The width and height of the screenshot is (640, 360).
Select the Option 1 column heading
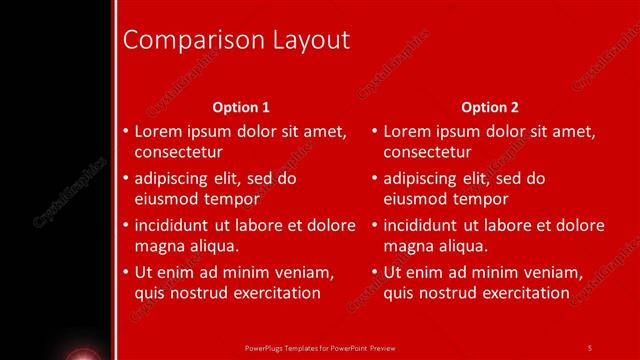point(242,107)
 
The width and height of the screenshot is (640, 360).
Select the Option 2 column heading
point(490,107)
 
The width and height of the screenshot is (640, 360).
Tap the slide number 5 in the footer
point(589,348)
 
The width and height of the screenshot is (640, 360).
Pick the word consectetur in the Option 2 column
point(427,152)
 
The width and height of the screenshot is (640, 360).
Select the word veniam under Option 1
point(301,272)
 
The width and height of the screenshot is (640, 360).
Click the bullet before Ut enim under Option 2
point(374,272)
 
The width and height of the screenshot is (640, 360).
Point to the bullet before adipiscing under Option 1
point(125,179)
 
